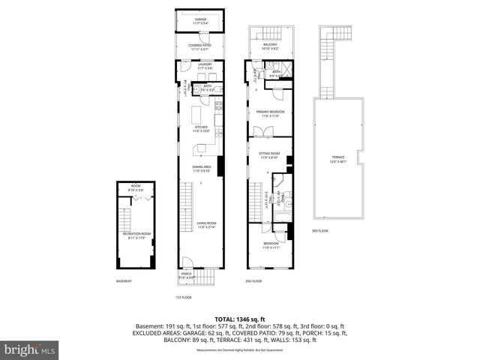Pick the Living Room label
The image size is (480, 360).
click(x=200, y=224)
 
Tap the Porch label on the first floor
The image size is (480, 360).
click(x=186, y=275)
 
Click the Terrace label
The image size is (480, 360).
click(x=338, y=158)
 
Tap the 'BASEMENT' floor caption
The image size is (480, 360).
click(x=124, y=281)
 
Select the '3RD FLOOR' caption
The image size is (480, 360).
click(x=320, y=230)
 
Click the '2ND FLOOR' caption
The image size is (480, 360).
click(x=253, y=281)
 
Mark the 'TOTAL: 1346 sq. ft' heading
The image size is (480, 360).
click(x=240, y=318)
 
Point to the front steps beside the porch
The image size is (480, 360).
click(x=205, y=279)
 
